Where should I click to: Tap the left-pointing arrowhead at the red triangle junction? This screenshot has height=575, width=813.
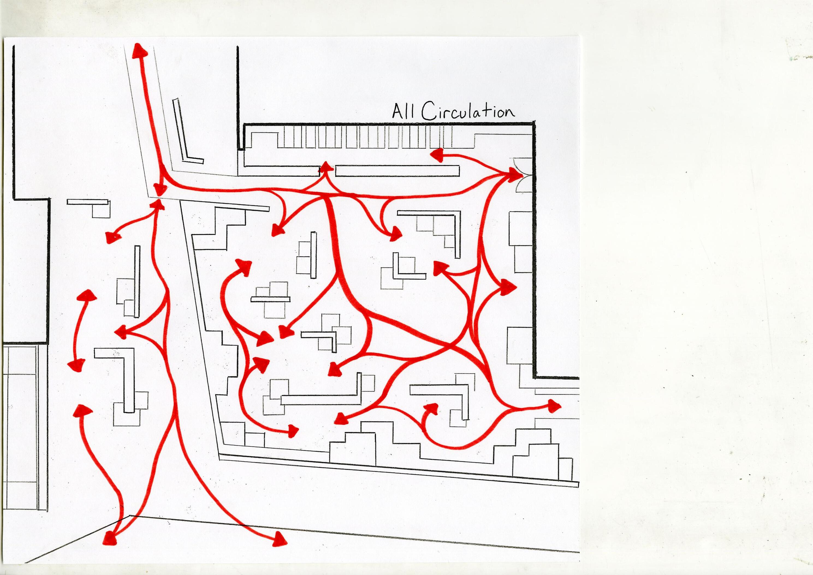pos(121,332)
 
